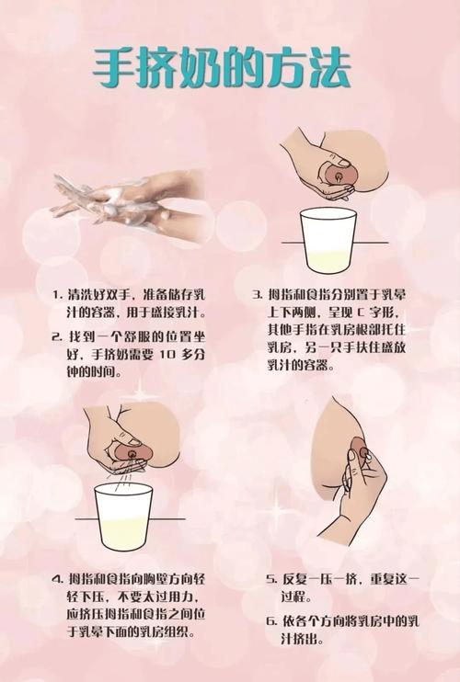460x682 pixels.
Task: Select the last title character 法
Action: [x=329, y=68]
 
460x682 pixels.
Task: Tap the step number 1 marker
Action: [x=56, y=295]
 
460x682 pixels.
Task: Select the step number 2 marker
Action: [x=56, y=336]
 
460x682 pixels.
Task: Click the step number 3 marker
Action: [x=258, y=295]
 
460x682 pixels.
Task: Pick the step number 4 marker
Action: [x=58, y=579]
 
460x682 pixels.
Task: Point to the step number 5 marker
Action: [x=271, y=579]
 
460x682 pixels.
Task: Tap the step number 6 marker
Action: [x=271, y=621]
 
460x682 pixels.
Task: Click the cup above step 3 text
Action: [x=328, y=240]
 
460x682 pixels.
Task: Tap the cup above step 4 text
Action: [x=124, y=517]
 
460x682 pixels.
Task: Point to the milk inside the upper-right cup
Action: [x=328, y=262]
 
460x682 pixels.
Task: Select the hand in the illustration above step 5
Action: [x=355, y=492]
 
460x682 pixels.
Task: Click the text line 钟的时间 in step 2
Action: [x=94, y=372]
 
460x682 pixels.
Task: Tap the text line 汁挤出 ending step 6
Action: [x=302, y=640]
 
